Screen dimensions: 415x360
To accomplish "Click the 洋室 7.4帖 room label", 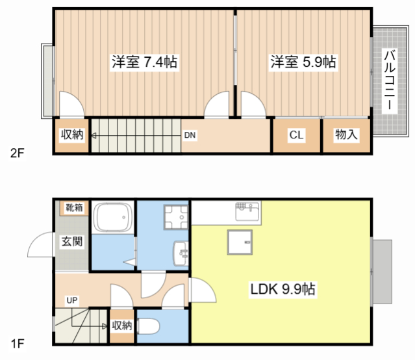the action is click(x=145, y=62).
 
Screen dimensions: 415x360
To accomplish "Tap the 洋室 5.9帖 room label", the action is click(x=303, y=62).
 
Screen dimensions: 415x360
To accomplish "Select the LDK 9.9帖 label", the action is click(x=283, y=289).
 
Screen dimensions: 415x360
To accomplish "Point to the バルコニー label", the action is click(x=390, y=80).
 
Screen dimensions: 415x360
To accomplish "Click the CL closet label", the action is click(x=296, y=135).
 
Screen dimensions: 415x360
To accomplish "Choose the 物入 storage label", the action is click(x=346, y=135).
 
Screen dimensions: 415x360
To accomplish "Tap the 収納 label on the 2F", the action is click(x=72, y=135).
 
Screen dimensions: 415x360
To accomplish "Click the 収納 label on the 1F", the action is click(x=121, y=326).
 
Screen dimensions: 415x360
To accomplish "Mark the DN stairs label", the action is click(x=190, y=135).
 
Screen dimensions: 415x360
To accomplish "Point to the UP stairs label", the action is click(x=72, y=300).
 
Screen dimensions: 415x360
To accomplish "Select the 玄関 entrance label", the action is click(x=72, y=241).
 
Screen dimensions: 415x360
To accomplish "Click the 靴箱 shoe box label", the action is click(x=74, y=207).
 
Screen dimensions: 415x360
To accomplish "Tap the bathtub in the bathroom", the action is click(x=114, y=217).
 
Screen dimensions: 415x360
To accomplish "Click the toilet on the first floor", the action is click(x=148, y=326).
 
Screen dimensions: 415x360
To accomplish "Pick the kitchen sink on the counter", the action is click(x=247, y=211).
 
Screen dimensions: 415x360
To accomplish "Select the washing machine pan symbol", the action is click(x=176, y=217).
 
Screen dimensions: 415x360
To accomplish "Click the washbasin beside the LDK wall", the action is click(x=181, y=253).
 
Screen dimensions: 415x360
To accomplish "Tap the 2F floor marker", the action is click(x=17, y=153).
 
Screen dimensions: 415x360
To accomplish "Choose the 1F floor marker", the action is click(x=18, y=344).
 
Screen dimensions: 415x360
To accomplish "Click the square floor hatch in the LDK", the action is click(x=240, y=242).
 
